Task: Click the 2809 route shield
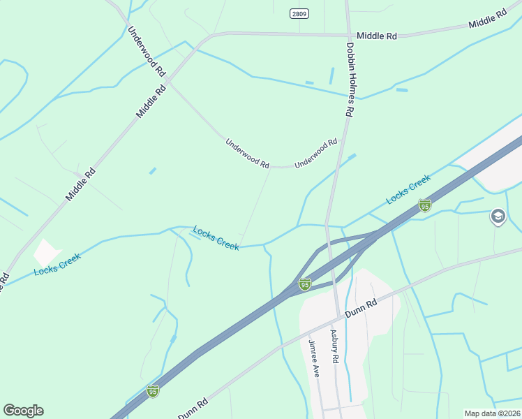tap(299, 13)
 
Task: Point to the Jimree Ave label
tap(314, 359)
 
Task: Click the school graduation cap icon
tap(498, 217)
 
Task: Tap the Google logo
tap(23, 411)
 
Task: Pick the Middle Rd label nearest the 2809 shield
tap(376, 35)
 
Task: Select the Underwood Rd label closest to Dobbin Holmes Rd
tap(315, 153)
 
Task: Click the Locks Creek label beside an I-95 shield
tap(408, 191)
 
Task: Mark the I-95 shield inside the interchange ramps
tap(304, 284)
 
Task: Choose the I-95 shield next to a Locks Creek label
tap(424, 205)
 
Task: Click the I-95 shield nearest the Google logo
tap(153, 390)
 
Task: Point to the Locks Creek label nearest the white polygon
tap(57, 263)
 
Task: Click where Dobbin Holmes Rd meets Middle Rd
tap(348, 34)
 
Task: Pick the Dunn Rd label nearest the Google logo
tap(193, 409)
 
